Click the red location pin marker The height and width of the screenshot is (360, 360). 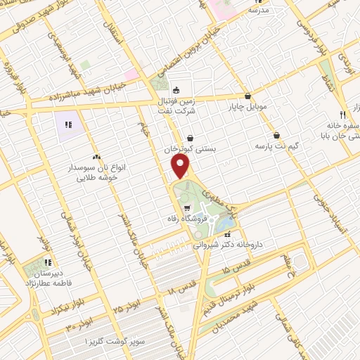pos(181,167)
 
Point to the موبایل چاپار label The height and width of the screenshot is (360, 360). pos(244,108)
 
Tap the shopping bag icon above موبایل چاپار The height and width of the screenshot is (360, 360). pos(247,96)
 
